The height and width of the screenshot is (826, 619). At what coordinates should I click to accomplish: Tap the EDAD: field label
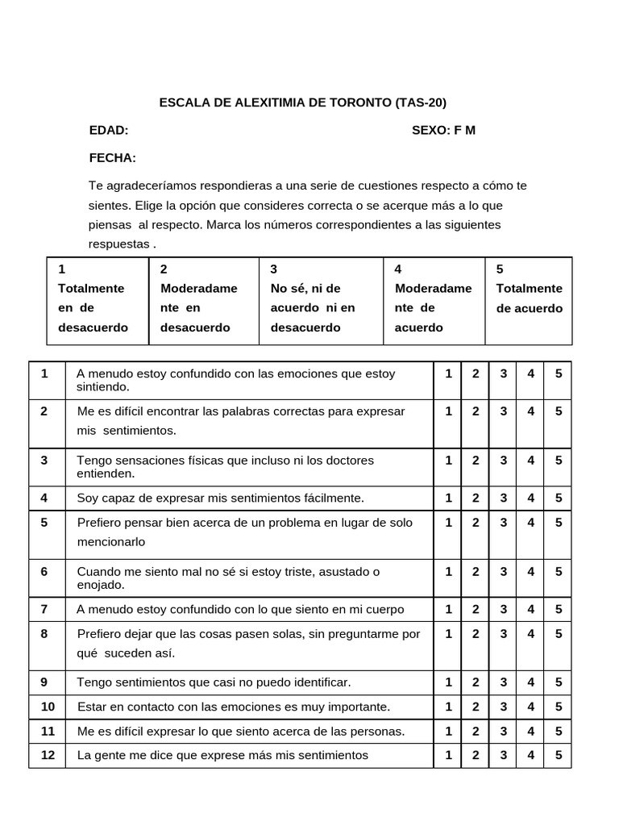(x=109, y=131)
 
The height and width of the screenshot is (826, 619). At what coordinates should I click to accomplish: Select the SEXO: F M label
(x=443, y=131)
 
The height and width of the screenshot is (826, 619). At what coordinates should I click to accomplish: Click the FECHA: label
(x=112, y=157)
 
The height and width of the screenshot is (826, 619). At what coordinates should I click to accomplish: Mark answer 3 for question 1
(x=503, y=373)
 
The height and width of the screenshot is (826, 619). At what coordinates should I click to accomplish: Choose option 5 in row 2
(x=559, y=411)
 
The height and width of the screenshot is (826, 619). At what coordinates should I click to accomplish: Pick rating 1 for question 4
(x=448, y=498)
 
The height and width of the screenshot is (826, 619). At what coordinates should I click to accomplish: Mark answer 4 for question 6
(x=530, y=572)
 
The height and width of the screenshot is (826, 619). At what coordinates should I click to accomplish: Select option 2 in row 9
(x=476, y=682)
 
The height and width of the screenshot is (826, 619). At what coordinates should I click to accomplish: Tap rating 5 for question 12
(x=559, y=755)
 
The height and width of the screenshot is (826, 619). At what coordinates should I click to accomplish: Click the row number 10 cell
(x=48, y=707)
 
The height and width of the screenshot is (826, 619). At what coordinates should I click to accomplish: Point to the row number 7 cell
(x=44, y=609)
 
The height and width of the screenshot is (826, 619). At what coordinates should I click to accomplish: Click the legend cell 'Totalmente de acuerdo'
(x=529, y=298)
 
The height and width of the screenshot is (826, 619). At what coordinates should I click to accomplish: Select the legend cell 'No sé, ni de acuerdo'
(x=313, y=298)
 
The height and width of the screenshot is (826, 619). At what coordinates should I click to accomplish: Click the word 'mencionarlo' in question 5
(x=111, y=542)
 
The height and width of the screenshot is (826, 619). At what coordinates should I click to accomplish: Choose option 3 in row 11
(x=503, y=731)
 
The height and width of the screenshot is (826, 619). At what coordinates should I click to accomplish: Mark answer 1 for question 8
(x=448, y=634)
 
